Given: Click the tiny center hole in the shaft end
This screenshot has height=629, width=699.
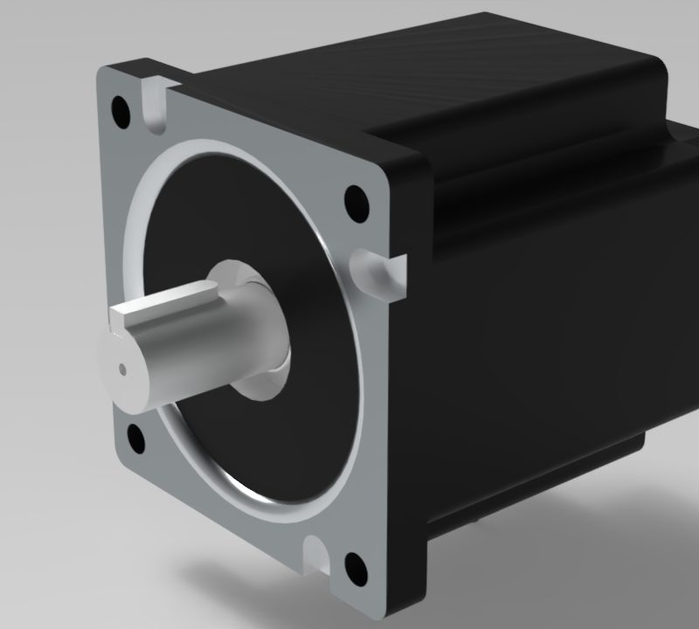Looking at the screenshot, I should pos(123,368).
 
